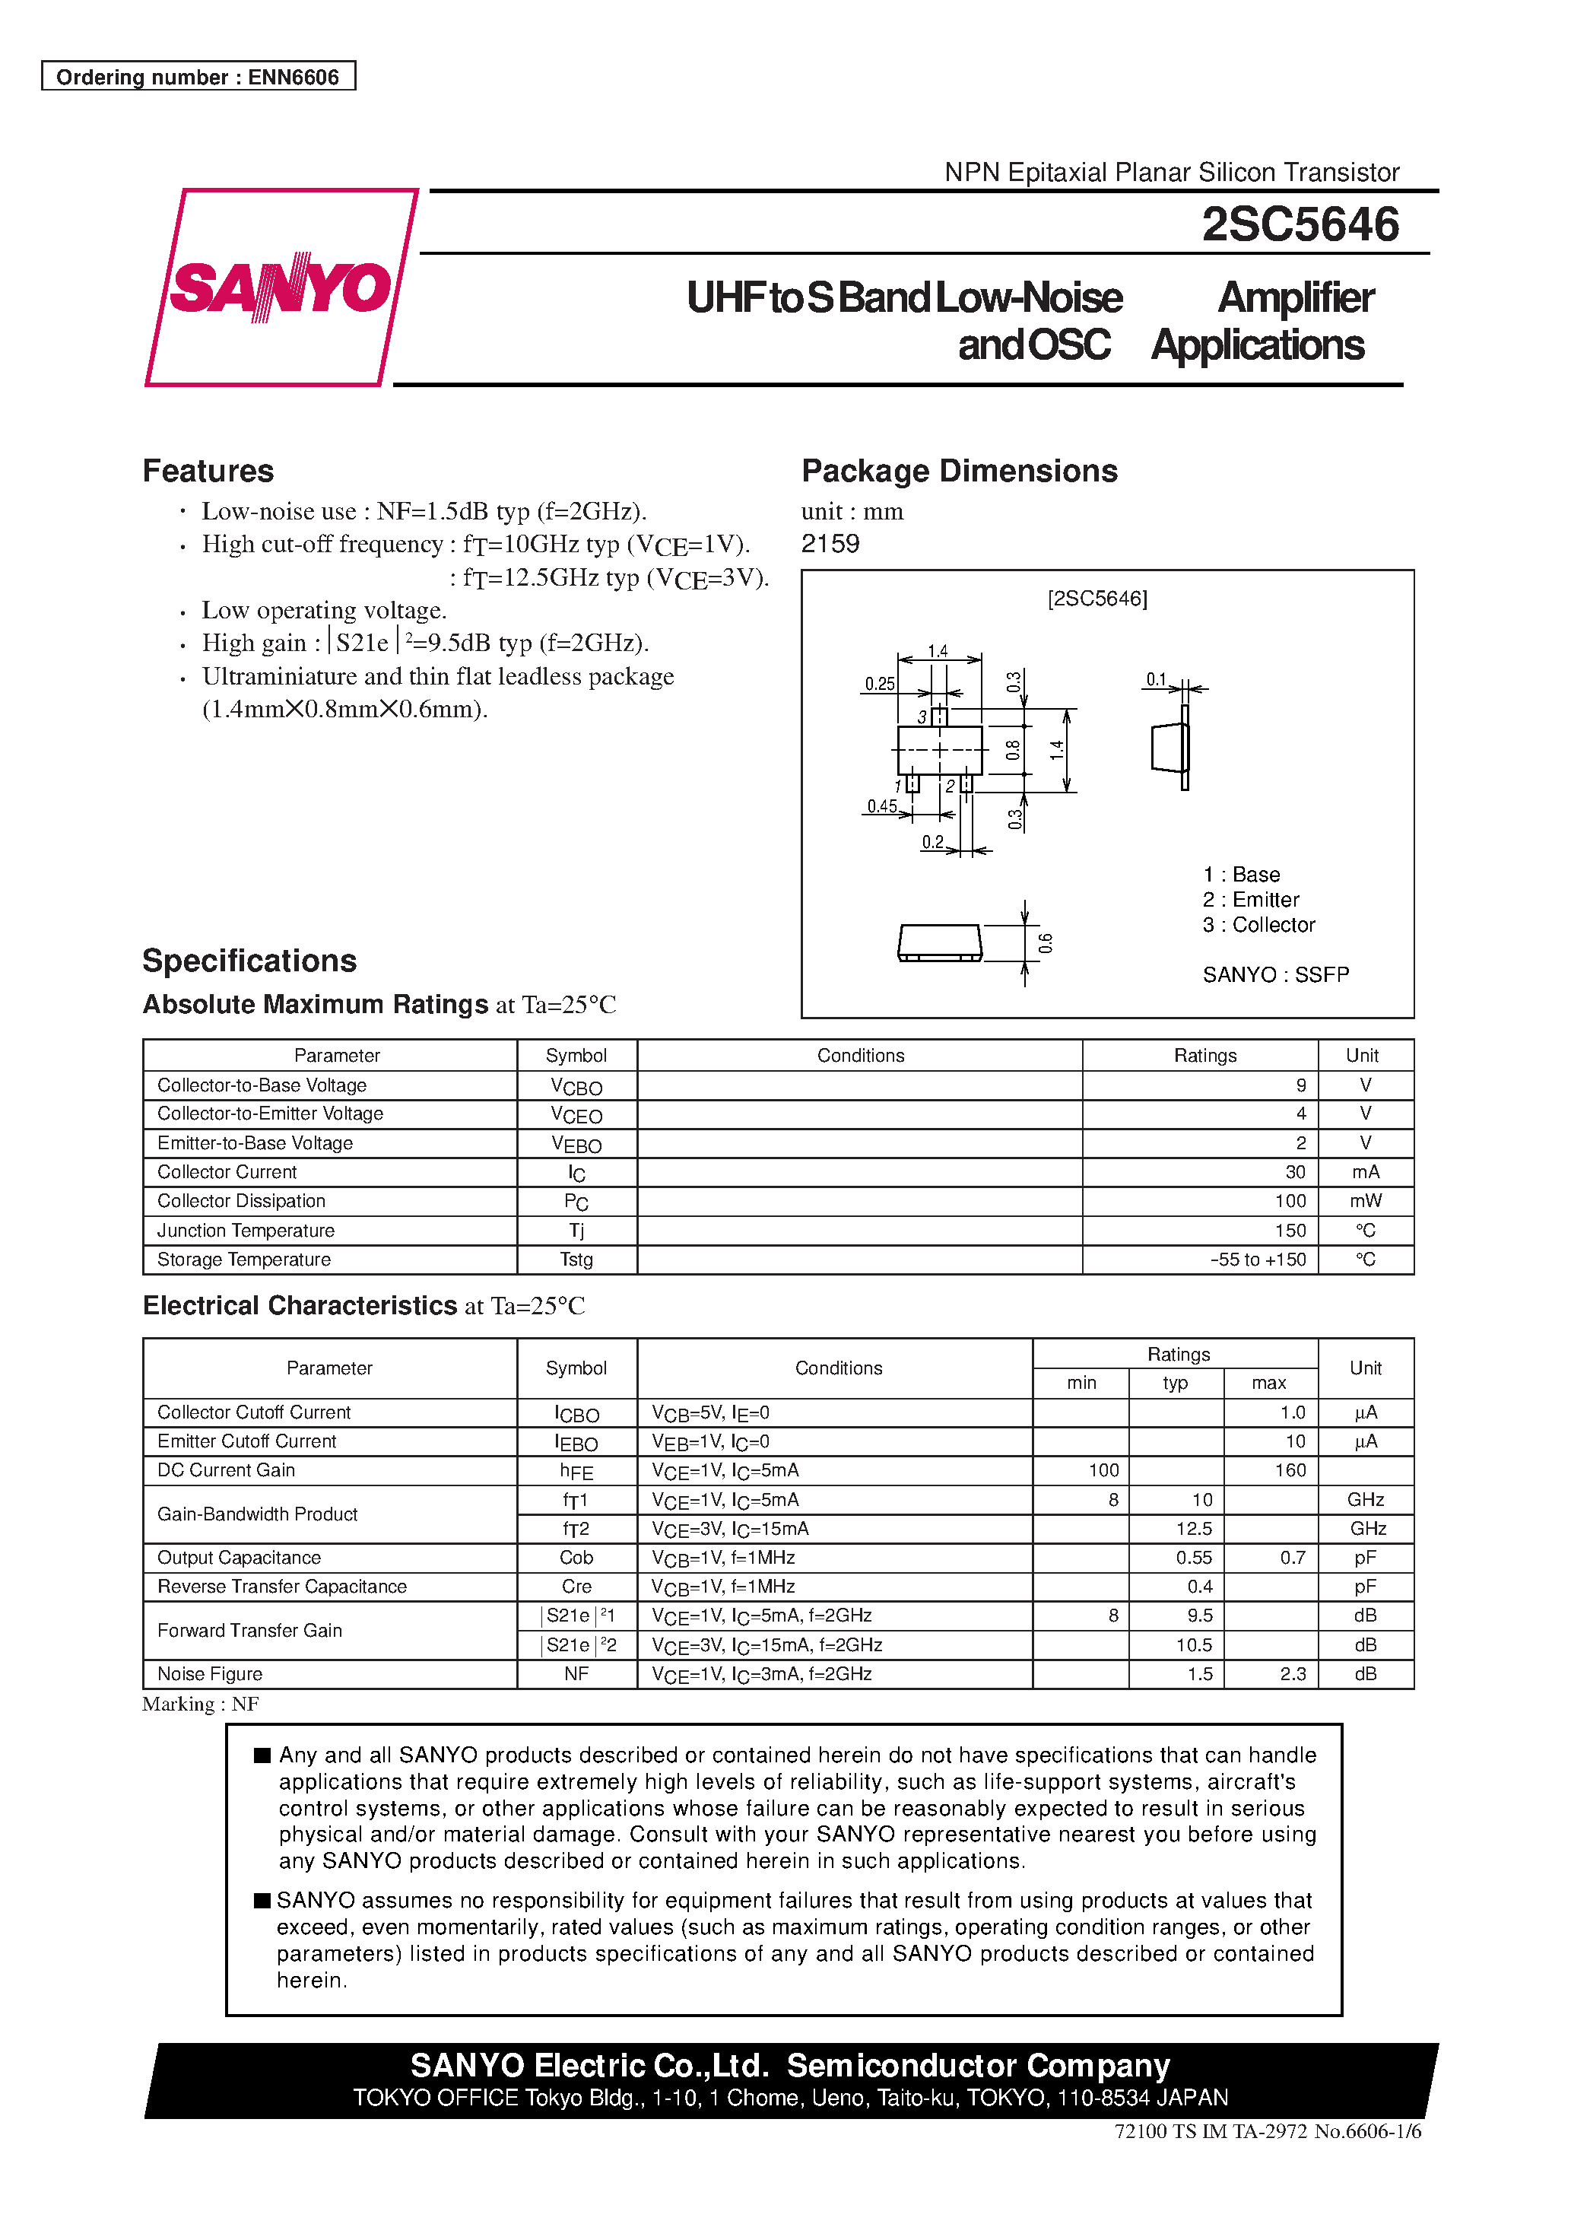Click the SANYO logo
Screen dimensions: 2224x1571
[280, 288]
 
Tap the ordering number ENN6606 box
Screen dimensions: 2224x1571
[198, 77]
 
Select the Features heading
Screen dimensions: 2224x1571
[208, 471]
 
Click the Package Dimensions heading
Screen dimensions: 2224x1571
[959, 471]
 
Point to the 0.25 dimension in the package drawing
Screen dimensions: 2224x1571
[880, 684]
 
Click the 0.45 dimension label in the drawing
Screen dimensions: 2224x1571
[881, 806]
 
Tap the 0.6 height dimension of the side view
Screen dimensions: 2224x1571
[1045, 942]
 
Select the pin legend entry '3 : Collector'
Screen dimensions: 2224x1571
[1258, 925]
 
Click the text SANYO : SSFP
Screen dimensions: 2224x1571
[1274, 974]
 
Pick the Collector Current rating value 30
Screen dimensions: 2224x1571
[1295, 1172]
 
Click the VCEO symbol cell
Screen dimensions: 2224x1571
[576, 1115]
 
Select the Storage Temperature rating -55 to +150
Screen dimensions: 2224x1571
[1257, 1260]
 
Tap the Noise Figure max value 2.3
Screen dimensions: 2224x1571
[1292, 1674]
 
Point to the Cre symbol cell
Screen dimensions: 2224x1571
[576, 1587]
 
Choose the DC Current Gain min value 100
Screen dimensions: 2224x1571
[1103, 1470]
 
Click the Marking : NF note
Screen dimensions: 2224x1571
[201, 1704]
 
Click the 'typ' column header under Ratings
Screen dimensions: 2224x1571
[1175, 1384]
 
